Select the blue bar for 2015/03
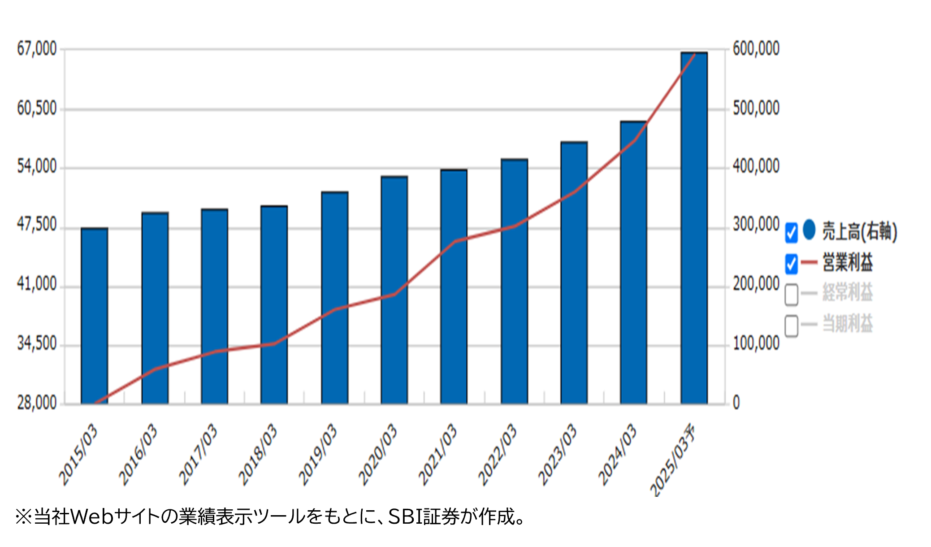(94, 316)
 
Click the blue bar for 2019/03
(334, 298)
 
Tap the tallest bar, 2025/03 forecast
(694, 229)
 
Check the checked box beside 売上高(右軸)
(791, 233)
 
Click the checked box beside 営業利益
(791, 263)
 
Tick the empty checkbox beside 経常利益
(791, 295)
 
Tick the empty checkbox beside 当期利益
(791, 326)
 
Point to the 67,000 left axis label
(37, 49)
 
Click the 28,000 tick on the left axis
(37, 403)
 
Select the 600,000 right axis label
(756, 49)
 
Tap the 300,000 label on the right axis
(756, 225)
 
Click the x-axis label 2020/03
(377, 454)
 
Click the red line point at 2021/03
(455, 241)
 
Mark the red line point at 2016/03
(155, 369)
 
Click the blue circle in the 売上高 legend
(809, 230)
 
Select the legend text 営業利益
(847, 263)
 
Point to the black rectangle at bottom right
(758, 521)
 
